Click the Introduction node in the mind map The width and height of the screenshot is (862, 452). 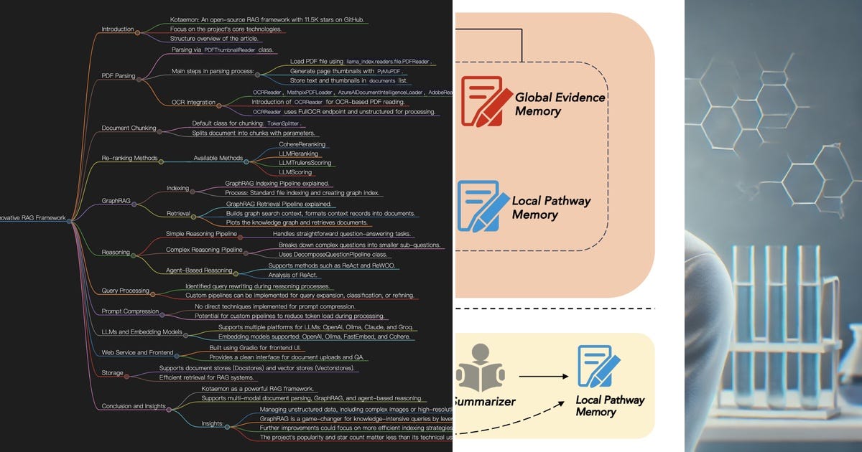tap(118, 29)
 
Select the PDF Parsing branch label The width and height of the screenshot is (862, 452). tap(118, 75)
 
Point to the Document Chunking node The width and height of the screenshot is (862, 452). tap(129, 128)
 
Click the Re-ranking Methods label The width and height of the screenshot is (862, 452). tap(129, 158)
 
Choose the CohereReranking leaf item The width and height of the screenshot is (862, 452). tap(300, 144)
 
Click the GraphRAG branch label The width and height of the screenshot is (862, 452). tap(116, 202)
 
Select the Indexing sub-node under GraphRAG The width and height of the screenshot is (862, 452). tap(177, 188)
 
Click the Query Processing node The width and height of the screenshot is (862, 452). tap(125, 291)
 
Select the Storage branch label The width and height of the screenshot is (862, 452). tap(112, 373)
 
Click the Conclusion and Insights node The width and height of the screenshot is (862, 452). tap(134, 405)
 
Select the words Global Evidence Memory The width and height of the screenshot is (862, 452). tap(560, 103)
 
